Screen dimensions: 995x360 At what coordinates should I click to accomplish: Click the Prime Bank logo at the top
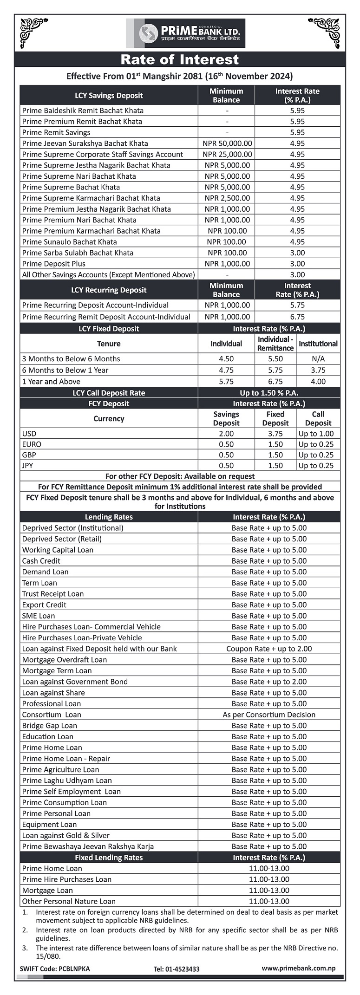pos(186,33)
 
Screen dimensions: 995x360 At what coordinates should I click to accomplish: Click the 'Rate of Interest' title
pos(179,59)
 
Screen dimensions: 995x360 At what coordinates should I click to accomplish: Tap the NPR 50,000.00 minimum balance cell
pos(227,143)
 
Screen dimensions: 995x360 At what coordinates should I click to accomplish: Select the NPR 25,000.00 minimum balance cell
pos(227,154)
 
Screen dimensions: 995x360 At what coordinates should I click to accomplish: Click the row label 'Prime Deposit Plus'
pos(54,264)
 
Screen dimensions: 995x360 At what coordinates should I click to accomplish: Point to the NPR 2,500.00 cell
pos(227,198)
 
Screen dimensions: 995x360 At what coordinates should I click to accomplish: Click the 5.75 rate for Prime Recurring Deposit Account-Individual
pos(297,305)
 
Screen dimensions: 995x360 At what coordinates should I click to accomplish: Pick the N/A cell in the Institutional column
pos(318,359)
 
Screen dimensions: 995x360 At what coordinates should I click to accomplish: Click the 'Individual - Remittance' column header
pos(275,344)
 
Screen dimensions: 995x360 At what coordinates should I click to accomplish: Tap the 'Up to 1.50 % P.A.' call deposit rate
pos(269,393)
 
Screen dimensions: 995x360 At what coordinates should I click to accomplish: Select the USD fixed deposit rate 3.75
pos(275,434)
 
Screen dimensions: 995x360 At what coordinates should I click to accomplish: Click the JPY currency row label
pos(27,466)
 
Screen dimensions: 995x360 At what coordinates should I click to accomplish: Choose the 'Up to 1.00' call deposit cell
pos(316,434)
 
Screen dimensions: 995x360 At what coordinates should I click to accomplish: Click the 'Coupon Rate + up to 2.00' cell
pos(269,649)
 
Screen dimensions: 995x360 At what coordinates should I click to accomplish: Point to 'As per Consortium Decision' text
pos(269,715)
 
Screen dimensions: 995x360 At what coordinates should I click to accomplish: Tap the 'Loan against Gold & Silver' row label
pos(66,835)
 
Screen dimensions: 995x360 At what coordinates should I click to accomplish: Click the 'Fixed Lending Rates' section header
pos(109,858)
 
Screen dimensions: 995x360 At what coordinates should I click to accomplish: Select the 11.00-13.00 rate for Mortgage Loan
pos(269,890)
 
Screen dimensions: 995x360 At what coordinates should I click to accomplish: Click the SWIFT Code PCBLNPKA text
pos(55,969)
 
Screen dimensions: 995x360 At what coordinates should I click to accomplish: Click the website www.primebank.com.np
pos(298,969)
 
